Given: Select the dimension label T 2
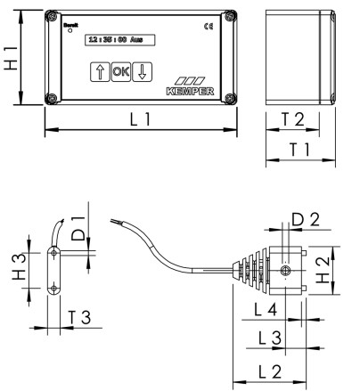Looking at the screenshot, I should (299, 118).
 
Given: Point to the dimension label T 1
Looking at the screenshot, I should (299, 150).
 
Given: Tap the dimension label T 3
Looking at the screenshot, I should (79, 316).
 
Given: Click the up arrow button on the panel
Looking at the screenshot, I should (99, 71).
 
